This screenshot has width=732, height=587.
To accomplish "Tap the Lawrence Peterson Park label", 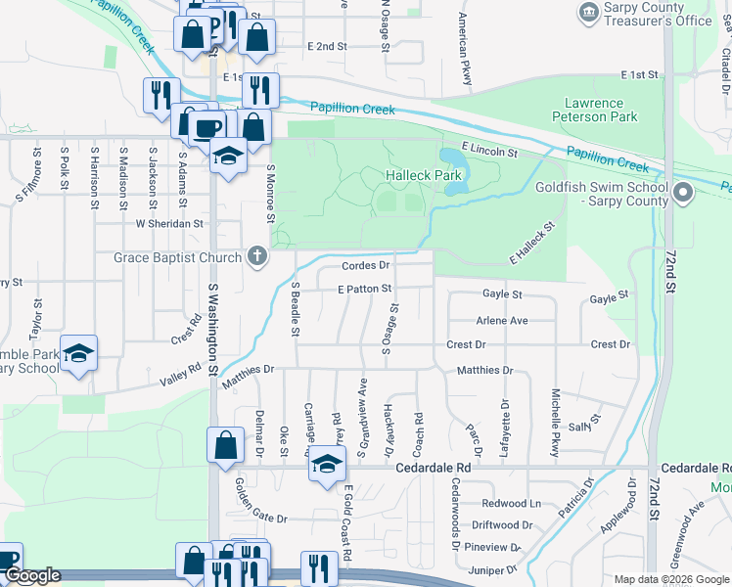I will tap(607, 110).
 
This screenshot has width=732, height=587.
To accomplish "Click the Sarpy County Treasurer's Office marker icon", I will tap(589, 12).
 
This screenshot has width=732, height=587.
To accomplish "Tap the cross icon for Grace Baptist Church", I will tap(256, 257).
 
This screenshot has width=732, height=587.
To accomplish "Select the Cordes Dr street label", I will tap(366, 265).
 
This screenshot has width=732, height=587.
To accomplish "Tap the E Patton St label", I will tap(364, 290).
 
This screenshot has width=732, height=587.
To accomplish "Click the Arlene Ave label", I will tap(501, 320).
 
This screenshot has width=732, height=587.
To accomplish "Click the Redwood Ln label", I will tap(511, 503).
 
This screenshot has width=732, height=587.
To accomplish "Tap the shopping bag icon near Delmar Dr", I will tap(225, 444).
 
